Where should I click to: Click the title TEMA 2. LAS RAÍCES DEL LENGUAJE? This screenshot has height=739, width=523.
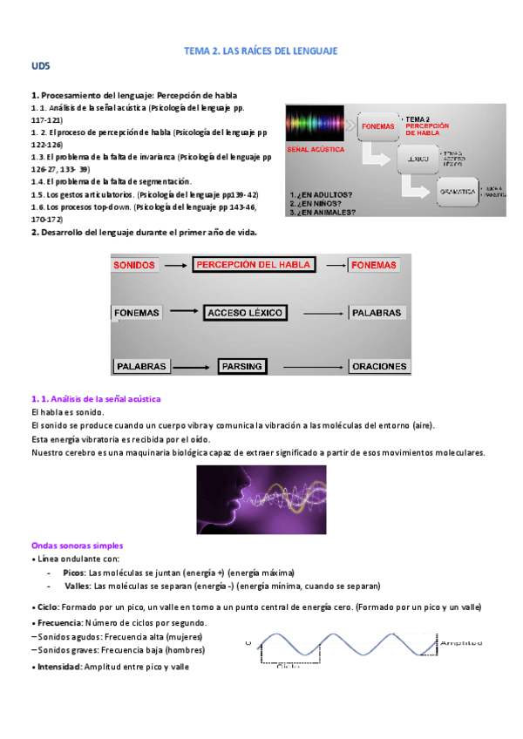[x=260, y=52]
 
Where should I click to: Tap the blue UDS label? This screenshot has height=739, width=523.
[x=40, y=66]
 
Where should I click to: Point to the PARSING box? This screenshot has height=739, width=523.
[x=242, y=366]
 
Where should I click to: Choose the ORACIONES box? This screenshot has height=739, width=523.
[x=380, y=367]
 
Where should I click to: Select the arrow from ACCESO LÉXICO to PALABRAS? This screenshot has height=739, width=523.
[x=323, y=312]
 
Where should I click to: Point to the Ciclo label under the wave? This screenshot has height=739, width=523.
[x=287, y=668]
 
